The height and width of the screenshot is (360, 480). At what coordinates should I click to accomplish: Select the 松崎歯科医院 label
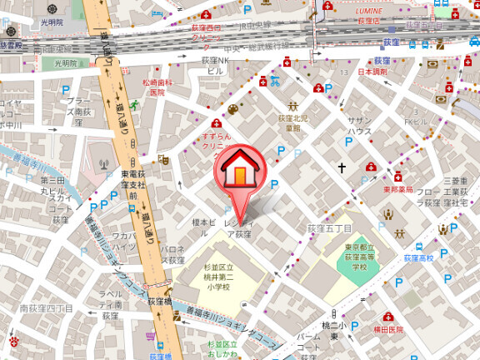[x=157, y=87]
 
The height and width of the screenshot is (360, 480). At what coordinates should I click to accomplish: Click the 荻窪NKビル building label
[x=215, y=66]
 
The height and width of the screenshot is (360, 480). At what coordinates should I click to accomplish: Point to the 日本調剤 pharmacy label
[x=372, y=72]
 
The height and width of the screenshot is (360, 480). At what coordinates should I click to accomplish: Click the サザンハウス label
[x=359, y=126]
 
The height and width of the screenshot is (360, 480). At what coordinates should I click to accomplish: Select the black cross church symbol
[x=341, y=168]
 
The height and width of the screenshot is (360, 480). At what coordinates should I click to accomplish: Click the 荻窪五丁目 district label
[x=329, y=227]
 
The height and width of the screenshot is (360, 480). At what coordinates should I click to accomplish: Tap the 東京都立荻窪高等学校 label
[x=359, y=257]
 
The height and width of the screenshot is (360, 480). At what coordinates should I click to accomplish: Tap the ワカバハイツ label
[x=123, y=242]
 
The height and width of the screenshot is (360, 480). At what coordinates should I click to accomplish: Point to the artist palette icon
[x=232, y=109]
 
